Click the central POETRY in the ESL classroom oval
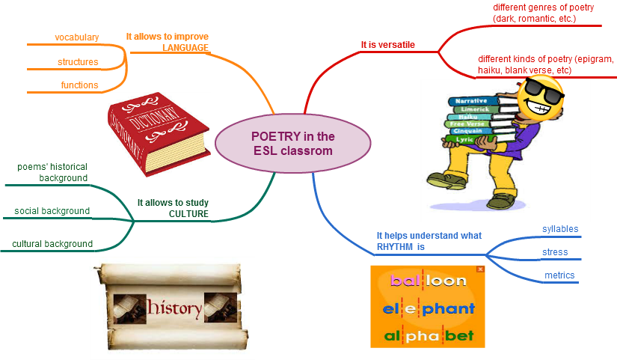[x=292, y=144]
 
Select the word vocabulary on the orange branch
[x=76, y=37]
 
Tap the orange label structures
[x=78, y=61]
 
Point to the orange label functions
[x=79, y=85]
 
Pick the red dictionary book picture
[x=159, y=134]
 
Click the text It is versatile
[x=387, y=45]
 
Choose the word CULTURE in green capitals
[x=188, y=214]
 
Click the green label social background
[x=52, y=211]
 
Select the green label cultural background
[x=52, y=244]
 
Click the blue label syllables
[x=560, y=229]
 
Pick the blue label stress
[x=555, y=252]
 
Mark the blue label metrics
[x=559, y=275]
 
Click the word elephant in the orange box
[x=428, y=308]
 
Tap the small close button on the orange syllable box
[x=480, y=269]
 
